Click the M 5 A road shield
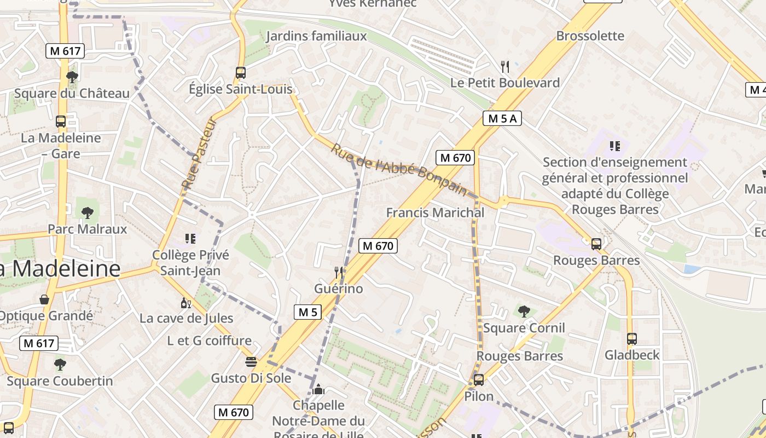[x=502, y=118]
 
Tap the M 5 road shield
[x=308, y=312]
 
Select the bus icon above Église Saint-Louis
[x=240, y=72]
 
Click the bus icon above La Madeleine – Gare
[x=61, y=122]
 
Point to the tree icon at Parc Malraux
[x=87, y=212]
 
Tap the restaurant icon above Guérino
[x=339, y=272]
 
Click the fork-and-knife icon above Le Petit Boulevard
[x=505, y=67]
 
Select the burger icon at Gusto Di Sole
[x=251, y=362]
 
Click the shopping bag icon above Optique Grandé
[x=44, y=299]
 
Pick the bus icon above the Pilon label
[x=479, y=379]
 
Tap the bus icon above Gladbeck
[x=632, y=338]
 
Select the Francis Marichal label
[x=435, y=212]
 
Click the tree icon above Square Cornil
[x=524, y=312]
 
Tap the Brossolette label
[x=590, y=36]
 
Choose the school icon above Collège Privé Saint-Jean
[x=190, y=238]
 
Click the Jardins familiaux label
[x=316, y=36]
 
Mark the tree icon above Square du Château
[x=72, y=77]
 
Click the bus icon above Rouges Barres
[x=596, y=244]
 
